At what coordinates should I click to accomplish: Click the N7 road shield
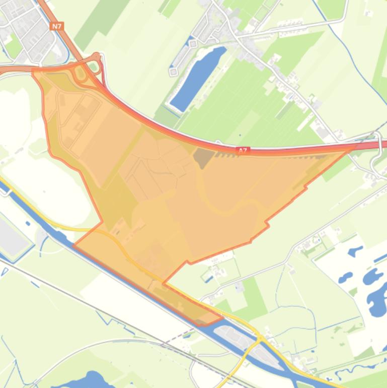point(57,26)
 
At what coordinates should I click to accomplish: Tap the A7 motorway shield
point(243,150)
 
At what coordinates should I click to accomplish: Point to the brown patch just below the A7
point(203,158)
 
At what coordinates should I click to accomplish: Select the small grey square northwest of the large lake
point(174,72)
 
